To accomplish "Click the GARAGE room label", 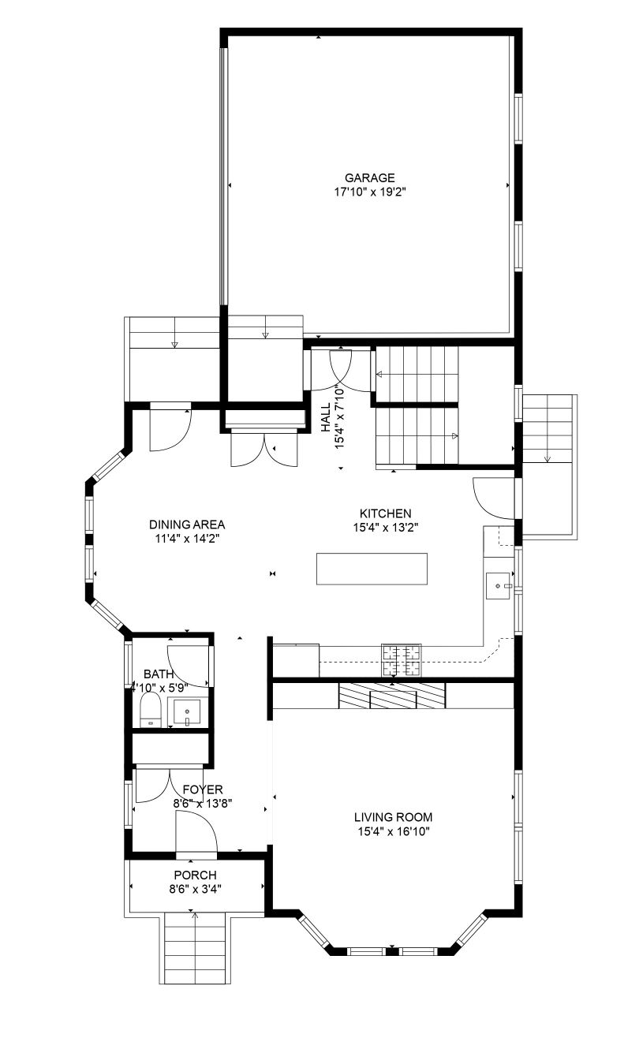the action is pos(370,178).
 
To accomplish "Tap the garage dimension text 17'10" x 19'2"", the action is pos(370,192).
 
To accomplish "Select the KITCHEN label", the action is pos(386,513).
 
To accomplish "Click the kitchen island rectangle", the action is pos(372,569).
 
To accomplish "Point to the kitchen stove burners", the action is pos(402,660).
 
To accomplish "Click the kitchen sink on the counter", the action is pos(498,585).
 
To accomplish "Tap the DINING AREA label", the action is pos(187,524).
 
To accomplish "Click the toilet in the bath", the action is pos(151,711).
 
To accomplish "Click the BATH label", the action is pos(159,674).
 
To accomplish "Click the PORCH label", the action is pos(196,875).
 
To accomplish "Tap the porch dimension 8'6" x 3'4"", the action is pos(196,889).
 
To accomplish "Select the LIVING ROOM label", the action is pos(393,818).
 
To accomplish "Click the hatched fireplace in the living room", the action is pos(392,696).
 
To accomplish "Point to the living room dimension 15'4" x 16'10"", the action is pos(393,831).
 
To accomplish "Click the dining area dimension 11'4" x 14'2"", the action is pos(188,539).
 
